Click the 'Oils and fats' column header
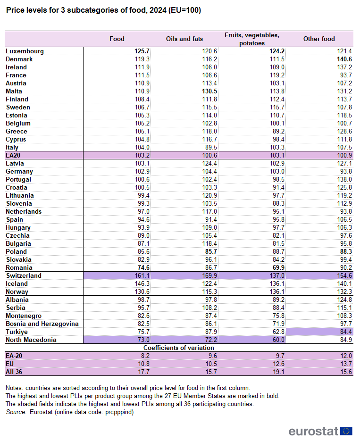184,39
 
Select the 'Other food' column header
319,39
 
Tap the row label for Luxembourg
25,51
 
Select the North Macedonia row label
31,340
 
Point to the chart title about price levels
103,10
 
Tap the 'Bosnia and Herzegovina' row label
42,324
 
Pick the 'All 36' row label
15,372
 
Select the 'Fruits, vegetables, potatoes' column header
251,39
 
